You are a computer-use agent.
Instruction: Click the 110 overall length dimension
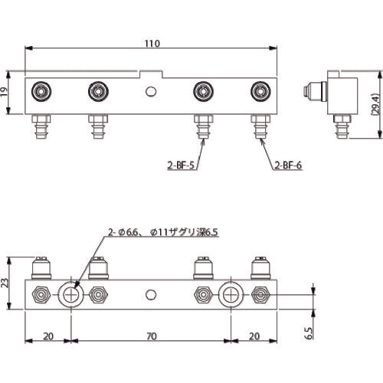coord(152,44)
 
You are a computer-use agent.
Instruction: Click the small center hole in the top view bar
coord(152,93)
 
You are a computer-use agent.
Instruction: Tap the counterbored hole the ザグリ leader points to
coord(70,293)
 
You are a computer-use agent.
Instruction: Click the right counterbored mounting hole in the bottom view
coord(231,293)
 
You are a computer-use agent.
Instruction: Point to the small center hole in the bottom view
coord(152,293)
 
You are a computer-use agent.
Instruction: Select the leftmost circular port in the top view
coord(39,93)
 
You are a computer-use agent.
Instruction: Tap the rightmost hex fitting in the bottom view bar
coord(260,293)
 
